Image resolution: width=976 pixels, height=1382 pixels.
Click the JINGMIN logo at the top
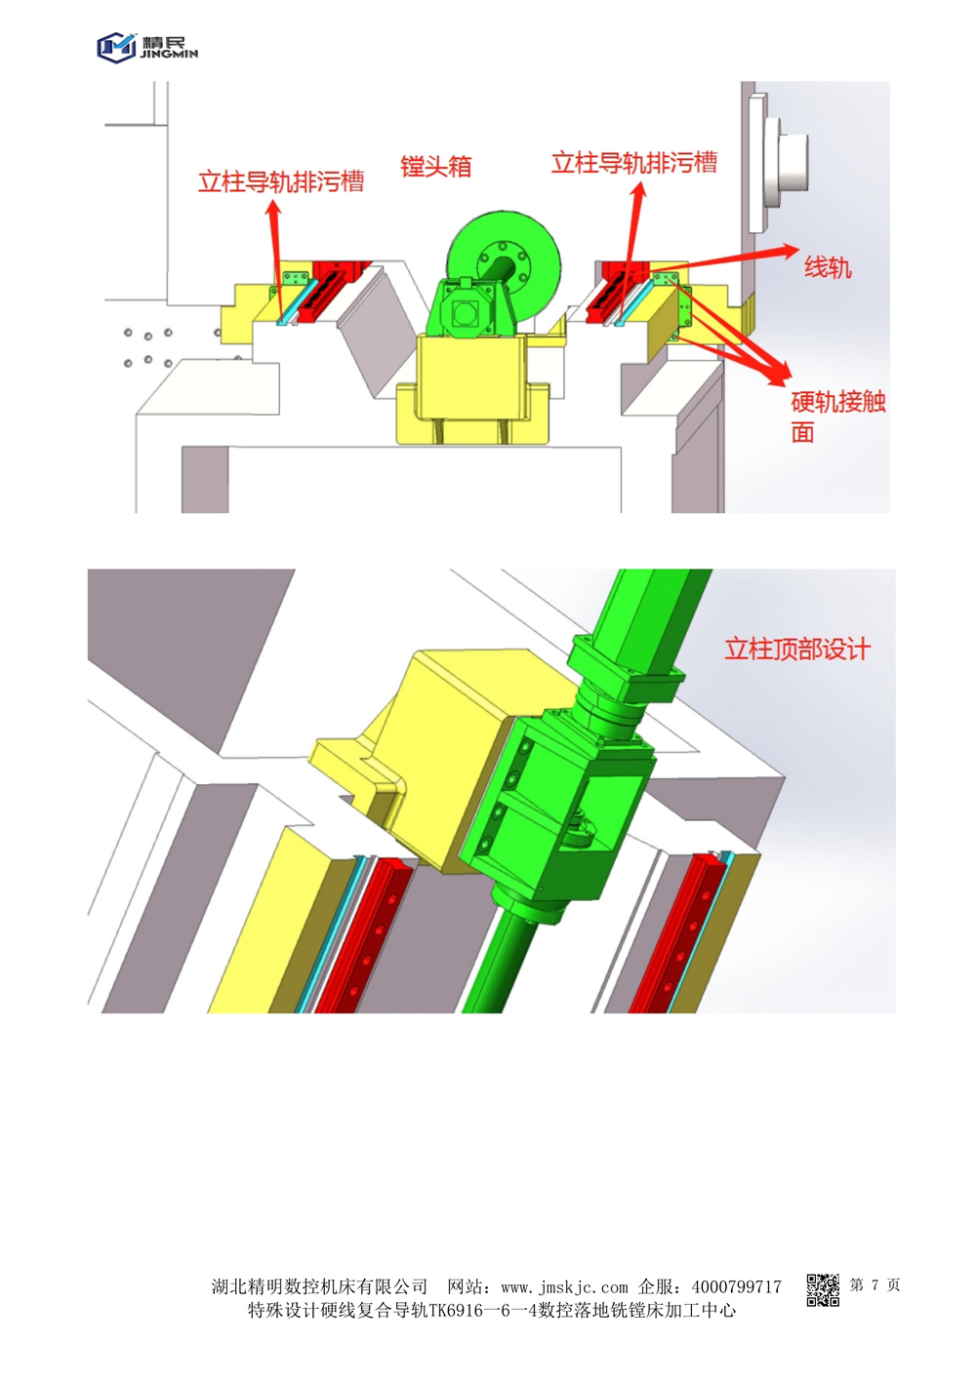pos(147,47)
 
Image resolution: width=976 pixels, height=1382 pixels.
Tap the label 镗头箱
pos(436,167)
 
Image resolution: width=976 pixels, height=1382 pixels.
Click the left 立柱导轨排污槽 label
pos(281,181)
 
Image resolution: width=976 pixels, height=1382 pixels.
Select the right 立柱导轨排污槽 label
pos(634,163)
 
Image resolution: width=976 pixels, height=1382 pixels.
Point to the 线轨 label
pos(828,268)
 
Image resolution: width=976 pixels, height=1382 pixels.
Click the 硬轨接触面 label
pos(837,417)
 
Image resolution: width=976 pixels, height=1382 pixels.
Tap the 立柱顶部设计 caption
pos(797,649)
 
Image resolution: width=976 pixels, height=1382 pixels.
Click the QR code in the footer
pos(823,1289)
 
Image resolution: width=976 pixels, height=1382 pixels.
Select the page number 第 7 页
pos(874,1284)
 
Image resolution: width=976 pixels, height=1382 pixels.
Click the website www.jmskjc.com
pos(564,1287)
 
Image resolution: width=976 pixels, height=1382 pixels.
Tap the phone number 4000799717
pos(737,1286)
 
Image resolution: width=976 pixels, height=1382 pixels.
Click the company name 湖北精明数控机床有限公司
pos(319,1286)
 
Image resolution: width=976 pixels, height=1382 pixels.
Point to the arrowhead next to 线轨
pos(790,250)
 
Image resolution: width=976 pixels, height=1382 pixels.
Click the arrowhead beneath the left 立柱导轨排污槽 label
pos(273,209)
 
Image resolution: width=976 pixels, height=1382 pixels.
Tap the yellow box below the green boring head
pos(472,389)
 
